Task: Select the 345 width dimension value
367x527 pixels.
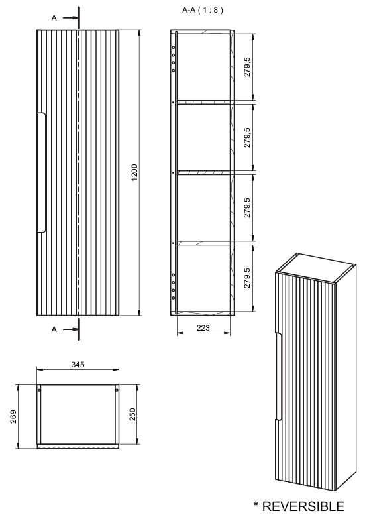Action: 78,366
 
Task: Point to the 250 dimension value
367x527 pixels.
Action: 134,415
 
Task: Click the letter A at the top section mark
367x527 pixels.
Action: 53,18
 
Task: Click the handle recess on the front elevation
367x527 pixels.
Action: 42,173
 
